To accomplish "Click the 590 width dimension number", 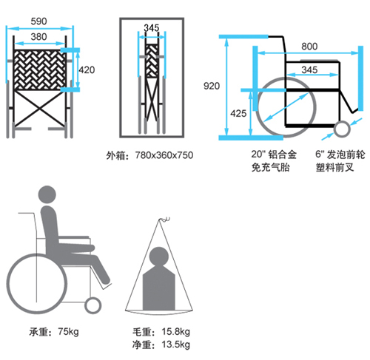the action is click(x=38, y=21).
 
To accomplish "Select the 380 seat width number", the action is click(x=38, y=37).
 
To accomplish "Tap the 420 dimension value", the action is click(x=87, y=70).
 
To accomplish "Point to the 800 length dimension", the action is click(x=309, y=47).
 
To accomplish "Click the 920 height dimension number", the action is click(x=212, y=86).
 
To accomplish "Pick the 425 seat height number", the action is click(x=238, y=113).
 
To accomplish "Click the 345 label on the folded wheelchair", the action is click(x=152, y=28).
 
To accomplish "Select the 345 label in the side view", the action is click(x=309, y=69).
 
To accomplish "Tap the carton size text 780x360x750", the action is click(x=164, y=155).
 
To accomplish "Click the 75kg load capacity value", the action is click(x=68, y=332).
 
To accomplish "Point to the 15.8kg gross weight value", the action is click(x=175, y=332).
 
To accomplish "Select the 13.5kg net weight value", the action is click(x=175, y=344).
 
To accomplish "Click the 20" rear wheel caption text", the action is click(x=274, y=161).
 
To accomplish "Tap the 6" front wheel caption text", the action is click(x=340, y=161).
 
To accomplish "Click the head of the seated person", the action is click(x=47, y=194).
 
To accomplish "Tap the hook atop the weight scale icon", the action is click(x=164, y=220).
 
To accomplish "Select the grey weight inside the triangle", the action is click(x=159, y=279).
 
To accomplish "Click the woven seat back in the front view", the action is click(x=39, y=69).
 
